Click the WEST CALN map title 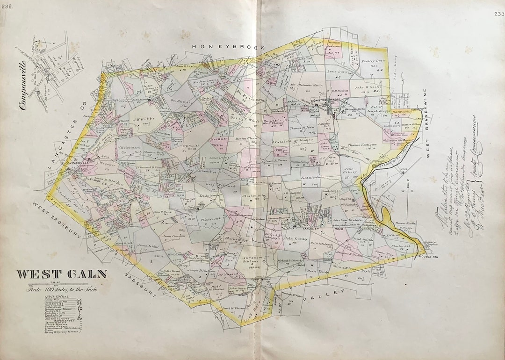point(62,274)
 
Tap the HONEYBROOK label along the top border point(229,47)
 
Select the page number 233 point(498,14)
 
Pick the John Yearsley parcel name point(297,239)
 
